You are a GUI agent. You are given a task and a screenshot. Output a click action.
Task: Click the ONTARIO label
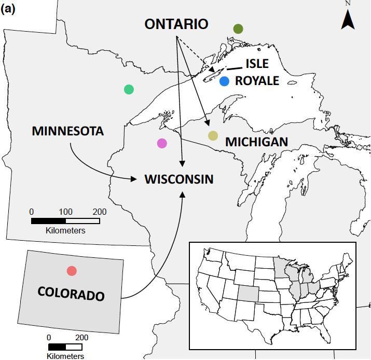point(176,24)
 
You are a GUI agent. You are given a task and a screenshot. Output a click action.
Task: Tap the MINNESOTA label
point(68,131)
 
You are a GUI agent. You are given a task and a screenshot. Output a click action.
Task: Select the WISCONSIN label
point(178,179)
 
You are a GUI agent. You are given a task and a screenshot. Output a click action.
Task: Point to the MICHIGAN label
point(256,142)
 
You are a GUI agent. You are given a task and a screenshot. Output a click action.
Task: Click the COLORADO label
point(71,294)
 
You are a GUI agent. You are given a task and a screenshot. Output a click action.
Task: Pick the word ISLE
point(257,64)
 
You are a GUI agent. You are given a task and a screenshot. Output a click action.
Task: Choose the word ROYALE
point(257,81)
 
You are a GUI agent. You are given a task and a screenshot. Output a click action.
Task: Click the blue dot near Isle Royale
point(224,81)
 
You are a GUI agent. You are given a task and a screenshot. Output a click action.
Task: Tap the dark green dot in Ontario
point(238,29)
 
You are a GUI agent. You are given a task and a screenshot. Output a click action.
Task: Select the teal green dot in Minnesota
point(129,89)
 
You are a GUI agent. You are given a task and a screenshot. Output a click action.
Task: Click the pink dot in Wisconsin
point(162,143)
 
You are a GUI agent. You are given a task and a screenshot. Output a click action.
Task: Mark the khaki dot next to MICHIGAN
point(213,136)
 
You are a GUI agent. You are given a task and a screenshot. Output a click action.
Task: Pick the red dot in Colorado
point(72,271)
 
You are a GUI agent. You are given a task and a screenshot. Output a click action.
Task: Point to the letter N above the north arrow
point(348,4)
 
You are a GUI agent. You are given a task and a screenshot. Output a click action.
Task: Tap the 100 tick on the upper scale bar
point(65,212)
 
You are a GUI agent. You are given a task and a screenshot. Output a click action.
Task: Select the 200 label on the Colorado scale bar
point(81,337)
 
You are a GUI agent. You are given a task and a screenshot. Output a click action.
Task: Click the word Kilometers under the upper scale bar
point(65,230)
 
